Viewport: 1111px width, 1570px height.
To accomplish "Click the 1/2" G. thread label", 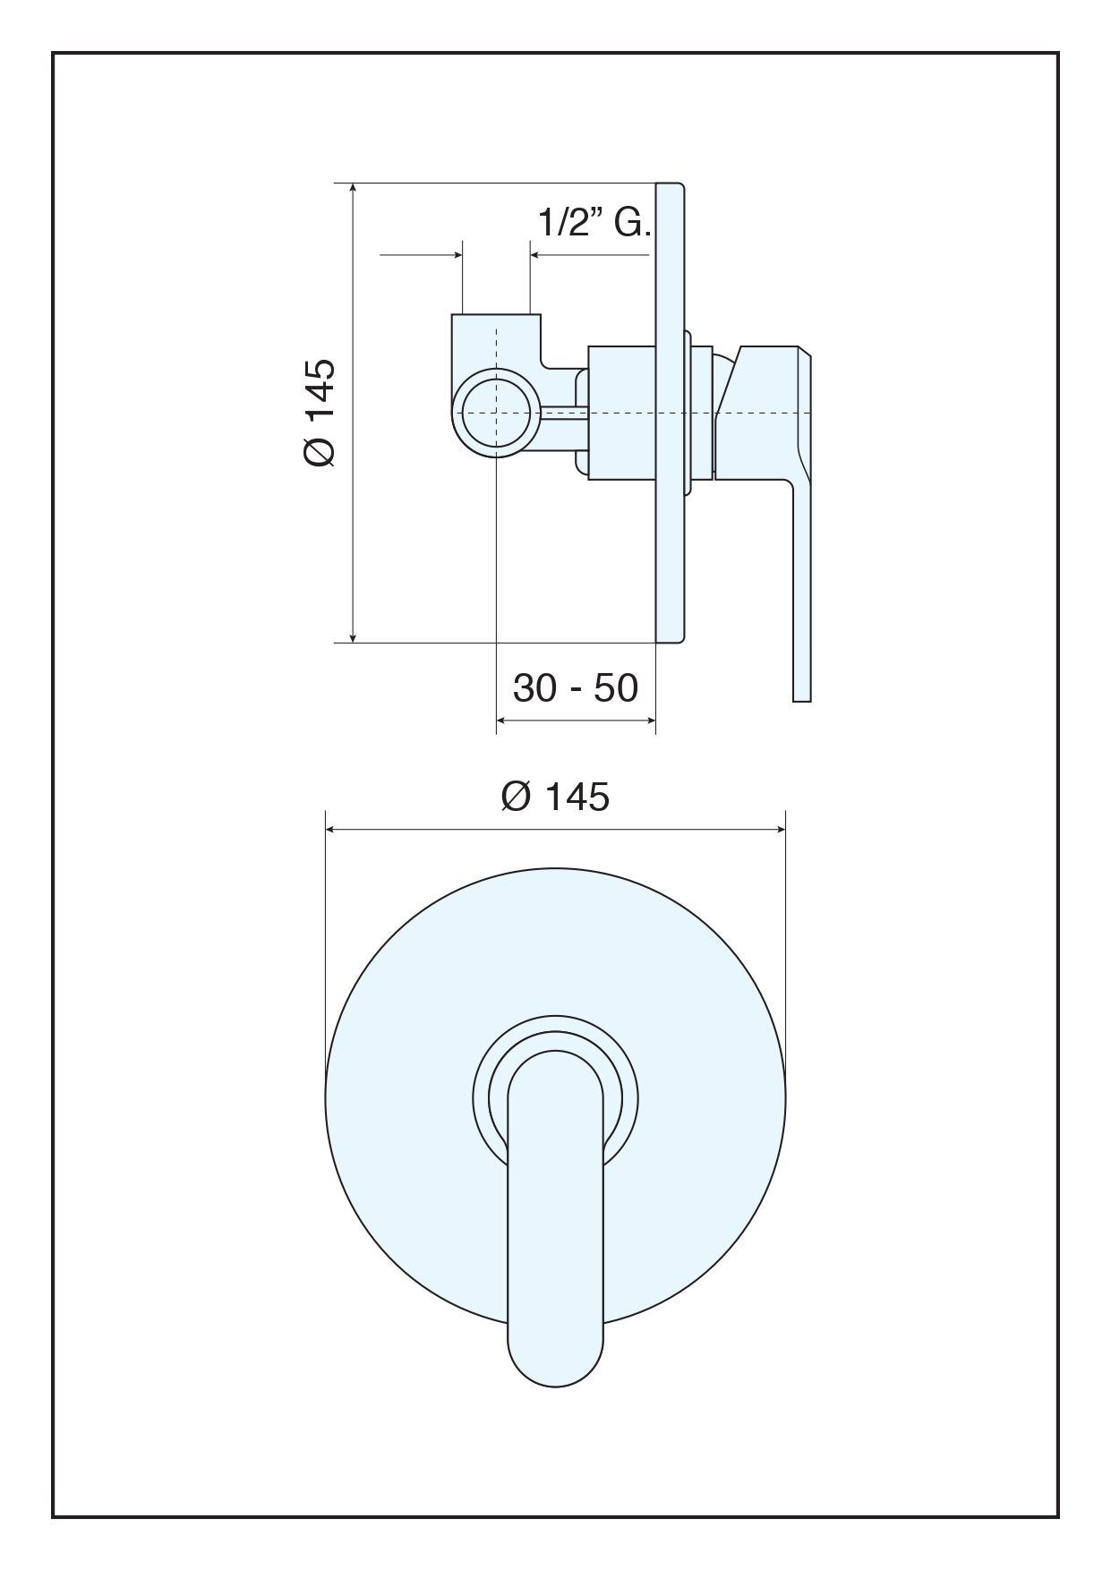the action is pos(594,222).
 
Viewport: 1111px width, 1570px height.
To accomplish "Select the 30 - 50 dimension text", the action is pos(576,687).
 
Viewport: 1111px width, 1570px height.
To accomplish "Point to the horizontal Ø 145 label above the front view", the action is pos(555,796).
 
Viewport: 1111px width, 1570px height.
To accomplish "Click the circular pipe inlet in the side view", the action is pos(496,412).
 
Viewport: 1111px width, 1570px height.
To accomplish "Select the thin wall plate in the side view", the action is pos(671,413).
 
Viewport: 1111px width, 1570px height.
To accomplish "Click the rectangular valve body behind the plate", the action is pos(623,413).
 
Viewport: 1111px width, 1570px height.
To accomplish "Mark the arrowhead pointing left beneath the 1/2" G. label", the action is pos(536,255).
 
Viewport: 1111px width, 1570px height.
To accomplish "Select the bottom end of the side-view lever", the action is pos(802,701).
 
